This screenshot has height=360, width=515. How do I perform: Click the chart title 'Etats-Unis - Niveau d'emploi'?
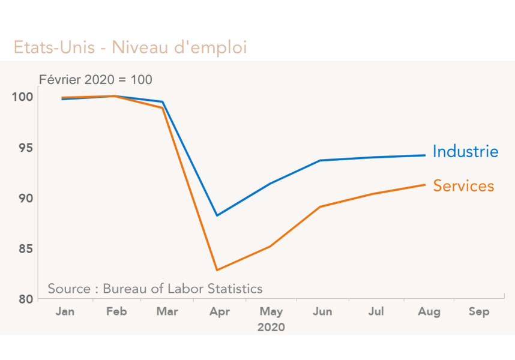[x=130, y=47]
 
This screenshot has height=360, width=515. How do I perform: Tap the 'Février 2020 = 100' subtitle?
[x=95, y=80]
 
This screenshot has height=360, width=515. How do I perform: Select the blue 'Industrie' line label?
[x=465, y=152]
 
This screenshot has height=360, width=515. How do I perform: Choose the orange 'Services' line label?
[x=463, y=186]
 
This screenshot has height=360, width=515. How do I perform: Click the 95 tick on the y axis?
[x=23, y=148]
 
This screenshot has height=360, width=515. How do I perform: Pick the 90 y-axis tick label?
[x=23, y=198]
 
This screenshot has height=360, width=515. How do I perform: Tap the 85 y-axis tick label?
[x=23, y=248]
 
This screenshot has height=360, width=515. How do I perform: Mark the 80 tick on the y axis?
[x=23, y=299]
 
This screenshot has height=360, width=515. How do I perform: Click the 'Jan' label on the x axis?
[x=64, y=312]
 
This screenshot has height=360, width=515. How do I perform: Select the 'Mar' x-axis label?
[x=167, y=312]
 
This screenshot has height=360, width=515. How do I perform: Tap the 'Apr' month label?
[x=219, y=312]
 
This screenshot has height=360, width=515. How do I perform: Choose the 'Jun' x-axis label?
[x=322, y=312]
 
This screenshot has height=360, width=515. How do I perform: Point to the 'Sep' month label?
[x=478, y=312]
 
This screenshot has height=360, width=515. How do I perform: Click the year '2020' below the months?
[x=271, y=328]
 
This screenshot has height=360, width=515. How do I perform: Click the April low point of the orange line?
[x=217, y=270]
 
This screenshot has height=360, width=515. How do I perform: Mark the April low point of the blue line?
[x=217, y=215]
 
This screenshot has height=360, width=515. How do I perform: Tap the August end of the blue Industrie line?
[x=425, y=155]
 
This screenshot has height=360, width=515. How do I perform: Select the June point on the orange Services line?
[x=321, y=206]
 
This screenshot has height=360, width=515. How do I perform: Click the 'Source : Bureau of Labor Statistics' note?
[x=155, y=289]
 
